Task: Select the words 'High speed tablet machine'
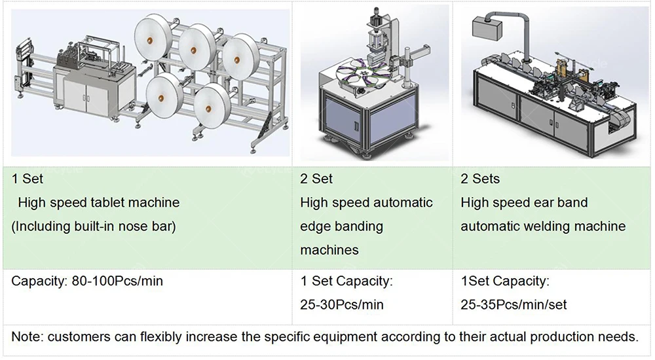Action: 98,203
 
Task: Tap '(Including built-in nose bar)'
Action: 94,226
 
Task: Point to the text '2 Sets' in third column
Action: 479,179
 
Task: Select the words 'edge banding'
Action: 341,226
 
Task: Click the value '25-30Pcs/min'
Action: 342,305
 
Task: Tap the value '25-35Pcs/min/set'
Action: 514,305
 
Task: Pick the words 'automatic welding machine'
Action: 543,226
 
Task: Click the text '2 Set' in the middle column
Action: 316,179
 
